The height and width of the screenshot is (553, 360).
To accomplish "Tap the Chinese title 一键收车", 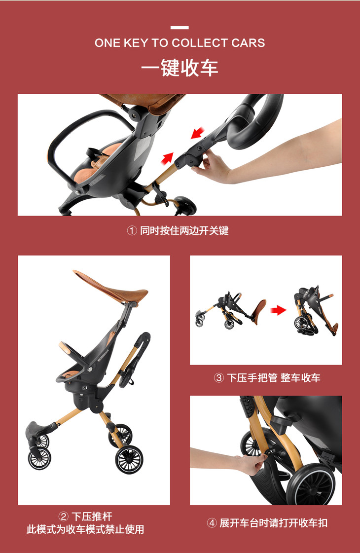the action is [x=180, y=68].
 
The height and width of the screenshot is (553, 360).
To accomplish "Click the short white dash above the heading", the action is [x=180, y=28].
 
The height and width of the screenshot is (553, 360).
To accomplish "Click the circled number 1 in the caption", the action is [x=132, y=231].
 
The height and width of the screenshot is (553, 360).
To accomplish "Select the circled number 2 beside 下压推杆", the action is [x=64, y=516].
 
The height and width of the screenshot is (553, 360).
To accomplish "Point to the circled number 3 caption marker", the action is [x=219, y=378].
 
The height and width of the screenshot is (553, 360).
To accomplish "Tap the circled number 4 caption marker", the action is [x=212, y=523].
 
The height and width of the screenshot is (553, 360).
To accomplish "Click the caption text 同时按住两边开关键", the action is [x=184, y=231].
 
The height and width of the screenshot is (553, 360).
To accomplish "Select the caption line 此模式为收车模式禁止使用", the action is [x=85, y=529].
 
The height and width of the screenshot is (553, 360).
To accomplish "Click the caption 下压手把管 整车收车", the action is [x=274, y=378].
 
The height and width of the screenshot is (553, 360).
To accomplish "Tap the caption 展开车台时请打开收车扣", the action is [x=274, y=523].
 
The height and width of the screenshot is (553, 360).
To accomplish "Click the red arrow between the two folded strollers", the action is [x=279, y=311].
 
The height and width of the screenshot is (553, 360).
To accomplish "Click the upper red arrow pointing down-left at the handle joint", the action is [x=198, y=133].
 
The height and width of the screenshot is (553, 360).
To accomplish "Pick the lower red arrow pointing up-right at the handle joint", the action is [x=168, y=158].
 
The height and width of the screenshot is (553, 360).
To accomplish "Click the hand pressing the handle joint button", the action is [x=212, y=166].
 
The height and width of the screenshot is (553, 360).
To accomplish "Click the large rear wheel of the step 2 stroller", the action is [x=129, y=460].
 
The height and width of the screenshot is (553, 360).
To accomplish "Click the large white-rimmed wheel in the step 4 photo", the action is [x=310, y=485].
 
